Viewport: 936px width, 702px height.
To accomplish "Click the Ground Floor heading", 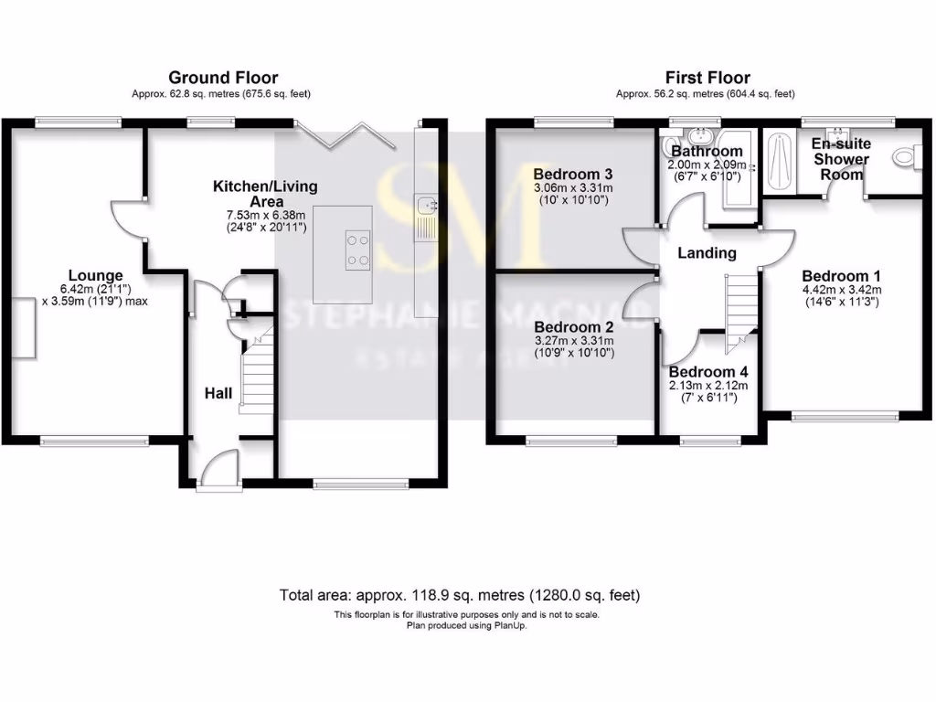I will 223,78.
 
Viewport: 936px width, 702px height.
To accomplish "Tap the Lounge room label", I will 95,274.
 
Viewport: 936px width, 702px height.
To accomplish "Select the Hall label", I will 218,394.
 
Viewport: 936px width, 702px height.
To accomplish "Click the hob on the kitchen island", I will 357,250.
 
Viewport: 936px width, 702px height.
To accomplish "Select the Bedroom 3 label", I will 573,174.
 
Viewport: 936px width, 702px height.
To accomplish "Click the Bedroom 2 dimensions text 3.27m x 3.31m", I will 573,340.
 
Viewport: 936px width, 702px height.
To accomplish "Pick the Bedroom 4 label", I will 708,372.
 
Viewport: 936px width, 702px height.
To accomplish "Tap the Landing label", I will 707,253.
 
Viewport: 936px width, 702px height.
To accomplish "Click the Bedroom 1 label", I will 841,276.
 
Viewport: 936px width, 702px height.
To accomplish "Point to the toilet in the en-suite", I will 905,157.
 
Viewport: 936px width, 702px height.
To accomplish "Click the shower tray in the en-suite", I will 779,162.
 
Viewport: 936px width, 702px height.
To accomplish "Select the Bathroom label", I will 707,151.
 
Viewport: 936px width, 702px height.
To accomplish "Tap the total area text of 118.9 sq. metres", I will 460,595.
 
